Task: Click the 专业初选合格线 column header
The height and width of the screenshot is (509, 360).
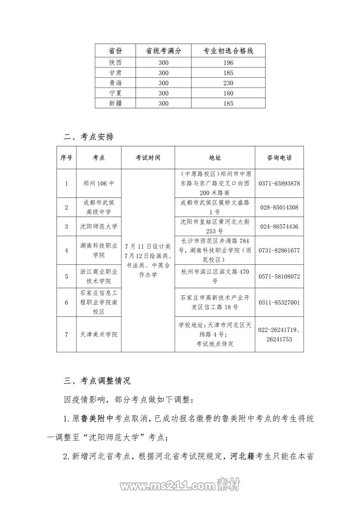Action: coord(229,51)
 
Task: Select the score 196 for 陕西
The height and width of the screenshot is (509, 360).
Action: coord(229,63)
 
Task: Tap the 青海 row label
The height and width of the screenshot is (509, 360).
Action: coord(115,83)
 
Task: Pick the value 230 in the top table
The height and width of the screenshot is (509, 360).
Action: coord(229,83)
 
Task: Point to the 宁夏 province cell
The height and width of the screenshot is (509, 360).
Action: coord(115,93)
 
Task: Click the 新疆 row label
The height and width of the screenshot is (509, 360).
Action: coord(115,104)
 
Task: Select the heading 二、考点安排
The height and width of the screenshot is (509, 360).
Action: coord(89,137)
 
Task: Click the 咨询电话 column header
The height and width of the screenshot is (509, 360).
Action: coord(279,158)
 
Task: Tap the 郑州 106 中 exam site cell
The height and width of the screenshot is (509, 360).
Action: coord(99,183)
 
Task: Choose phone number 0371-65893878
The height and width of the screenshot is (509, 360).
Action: coord(279,183)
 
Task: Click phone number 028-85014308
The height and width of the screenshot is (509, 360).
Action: coord(279,207)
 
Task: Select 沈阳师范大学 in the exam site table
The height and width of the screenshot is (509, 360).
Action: coord(99,226)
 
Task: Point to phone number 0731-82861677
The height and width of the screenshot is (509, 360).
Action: coord(279,250)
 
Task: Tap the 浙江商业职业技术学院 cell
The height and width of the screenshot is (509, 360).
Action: coord(99,276)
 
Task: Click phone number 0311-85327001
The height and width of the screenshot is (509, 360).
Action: coord(279,303)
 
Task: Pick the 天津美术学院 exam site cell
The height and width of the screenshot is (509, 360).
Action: coord(99,334)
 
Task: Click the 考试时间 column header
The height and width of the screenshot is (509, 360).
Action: coord(148,158)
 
